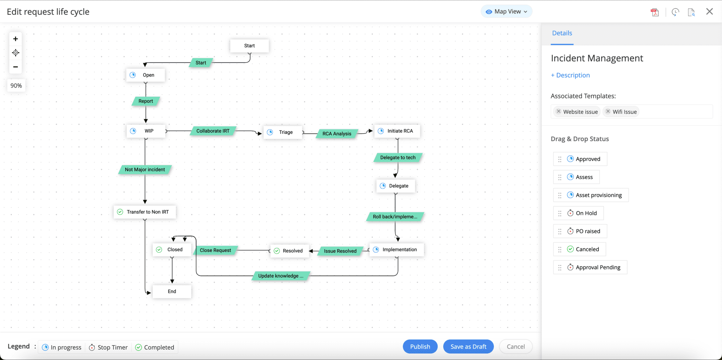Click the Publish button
click(x=420, y=347)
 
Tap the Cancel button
click(x=516, y=347)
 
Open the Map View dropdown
click(x=506, y=12)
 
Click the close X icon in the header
click(x=709, y=12)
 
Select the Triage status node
click(x=283, y=132)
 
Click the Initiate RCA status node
click(x=397, y=131)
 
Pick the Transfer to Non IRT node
click(x=145, y=212)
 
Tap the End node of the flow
click(x=172, y=291)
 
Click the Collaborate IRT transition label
click(x=213, y=131)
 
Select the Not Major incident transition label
click(x=145, y=169)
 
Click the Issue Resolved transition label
click(x=340, y=251)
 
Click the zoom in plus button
click(x=16, y=39)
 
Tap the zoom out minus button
click(x=16, y=67)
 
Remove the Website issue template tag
click(x=558, y=112)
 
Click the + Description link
click(x=570, y=75)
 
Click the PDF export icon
click(x=654, y=12)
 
